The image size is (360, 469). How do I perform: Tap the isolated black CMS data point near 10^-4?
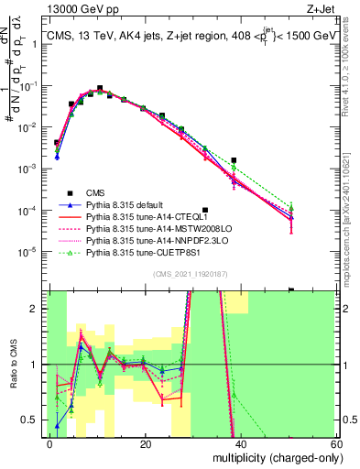(205, 210)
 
